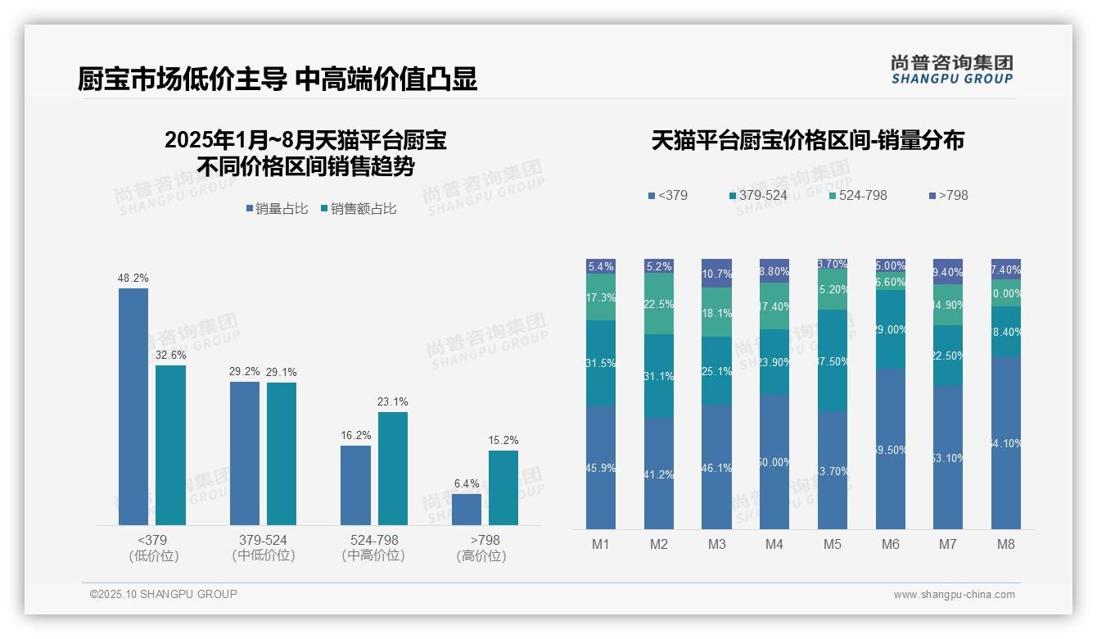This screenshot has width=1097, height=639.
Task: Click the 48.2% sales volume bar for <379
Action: click(133, 406)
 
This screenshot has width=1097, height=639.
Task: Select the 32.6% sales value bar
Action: click(170, 445)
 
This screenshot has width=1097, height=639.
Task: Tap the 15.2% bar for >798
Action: click(503, 487)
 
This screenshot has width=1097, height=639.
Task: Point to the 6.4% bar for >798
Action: click(467, 509)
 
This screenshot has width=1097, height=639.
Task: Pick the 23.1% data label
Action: click(393, 402)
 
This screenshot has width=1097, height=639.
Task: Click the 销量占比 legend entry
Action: click(277, 209)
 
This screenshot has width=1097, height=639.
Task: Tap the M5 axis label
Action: click(833, 544)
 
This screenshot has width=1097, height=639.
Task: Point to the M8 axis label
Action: click(1006, 544)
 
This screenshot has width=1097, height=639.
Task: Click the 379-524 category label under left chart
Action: click(263, 547)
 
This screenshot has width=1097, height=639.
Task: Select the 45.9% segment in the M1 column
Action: click(601, 467)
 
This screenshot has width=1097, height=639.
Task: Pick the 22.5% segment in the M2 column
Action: click(659, 304)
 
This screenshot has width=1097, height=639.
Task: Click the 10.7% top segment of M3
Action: click(717, 274)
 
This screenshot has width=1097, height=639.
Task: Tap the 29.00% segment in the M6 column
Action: click(891, 329)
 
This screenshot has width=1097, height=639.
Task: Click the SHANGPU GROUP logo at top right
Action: click(952, 70)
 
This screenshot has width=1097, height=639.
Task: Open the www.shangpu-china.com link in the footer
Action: click(954, 595)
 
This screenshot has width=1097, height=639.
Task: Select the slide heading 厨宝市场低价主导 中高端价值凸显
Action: click(278, 79)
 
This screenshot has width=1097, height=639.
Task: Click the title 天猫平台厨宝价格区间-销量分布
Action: click(807, 141)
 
